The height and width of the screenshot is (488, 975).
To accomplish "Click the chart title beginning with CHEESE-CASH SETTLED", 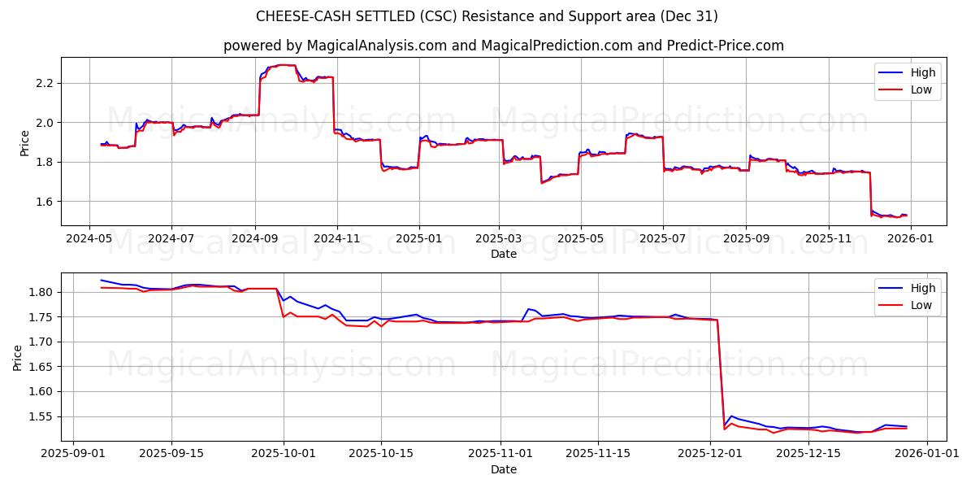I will point(487,16).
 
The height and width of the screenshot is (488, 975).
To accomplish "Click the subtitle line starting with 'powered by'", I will point(503,46).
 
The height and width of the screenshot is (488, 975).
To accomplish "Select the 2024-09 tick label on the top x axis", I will point(255,239).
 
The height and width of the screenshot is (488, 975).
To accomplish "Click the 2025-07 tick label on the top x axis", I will point(663,239).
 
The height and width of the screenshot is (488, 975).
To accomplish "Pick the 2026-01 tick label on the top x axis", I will point(910,239).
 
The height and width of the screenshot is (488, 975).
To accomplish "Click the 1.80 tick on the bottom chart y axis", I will point(40,292).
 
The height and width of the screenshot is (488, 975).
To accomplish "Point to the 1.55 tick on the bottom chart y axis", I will point(40,417).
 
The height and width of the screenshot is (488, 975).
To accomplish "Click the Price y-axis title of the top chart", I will point(24,142).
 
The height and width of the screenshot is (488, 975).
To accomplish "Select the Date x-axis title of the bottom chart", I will point(503,469).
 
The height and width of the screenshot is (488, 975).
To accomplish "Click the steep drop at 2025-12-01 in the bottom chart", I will point(720,374).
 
